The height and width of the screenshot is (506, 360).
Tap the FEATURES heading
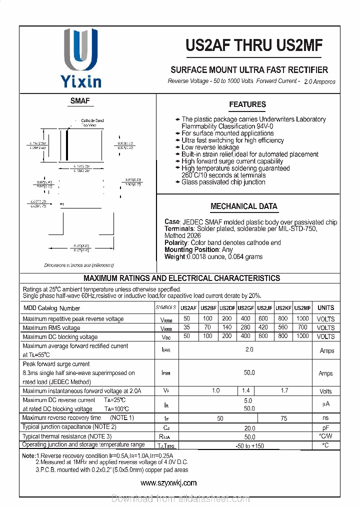pos(247,104)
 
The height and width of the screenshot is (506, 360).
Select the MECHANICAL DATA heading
pos(243,206)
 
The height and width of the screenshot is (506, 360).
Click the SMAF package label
pos(79,100)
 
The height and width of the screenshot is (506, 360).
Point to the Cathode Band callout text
pos(92,120)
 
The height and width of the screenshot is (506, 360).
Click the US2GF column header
pos(245,308)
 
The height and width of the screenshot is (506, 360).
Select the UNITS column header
pos(325,308)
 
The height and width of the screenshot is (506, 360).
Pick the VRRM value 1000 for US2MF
pos(302,318)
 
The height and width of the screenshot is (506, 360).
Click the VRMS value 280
pos(245,327)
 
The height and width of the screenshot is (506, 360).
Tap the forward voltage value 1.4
pos(245,390)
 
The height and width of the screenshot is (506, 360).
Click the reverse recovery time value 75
pos(283,418)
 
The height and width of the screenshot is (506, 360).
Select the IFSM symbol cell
pos(166,373)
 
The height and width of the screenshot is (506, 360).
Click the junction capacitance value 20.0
pos(249,428)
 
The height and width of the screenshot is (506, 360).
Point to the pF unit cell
pos(325,428)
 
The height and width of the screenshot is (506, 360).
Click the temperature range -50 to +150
pos(249,445)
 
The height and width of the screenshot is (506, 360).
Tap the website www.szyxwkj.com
pos(168,482)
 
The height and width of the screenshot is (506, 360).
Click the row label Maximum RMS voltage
pos(51,328)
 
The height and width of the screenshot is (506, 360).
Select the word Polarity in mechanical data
pos(175,242)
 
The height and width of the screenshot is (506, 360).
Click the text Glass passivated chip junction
pos(223,182)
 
